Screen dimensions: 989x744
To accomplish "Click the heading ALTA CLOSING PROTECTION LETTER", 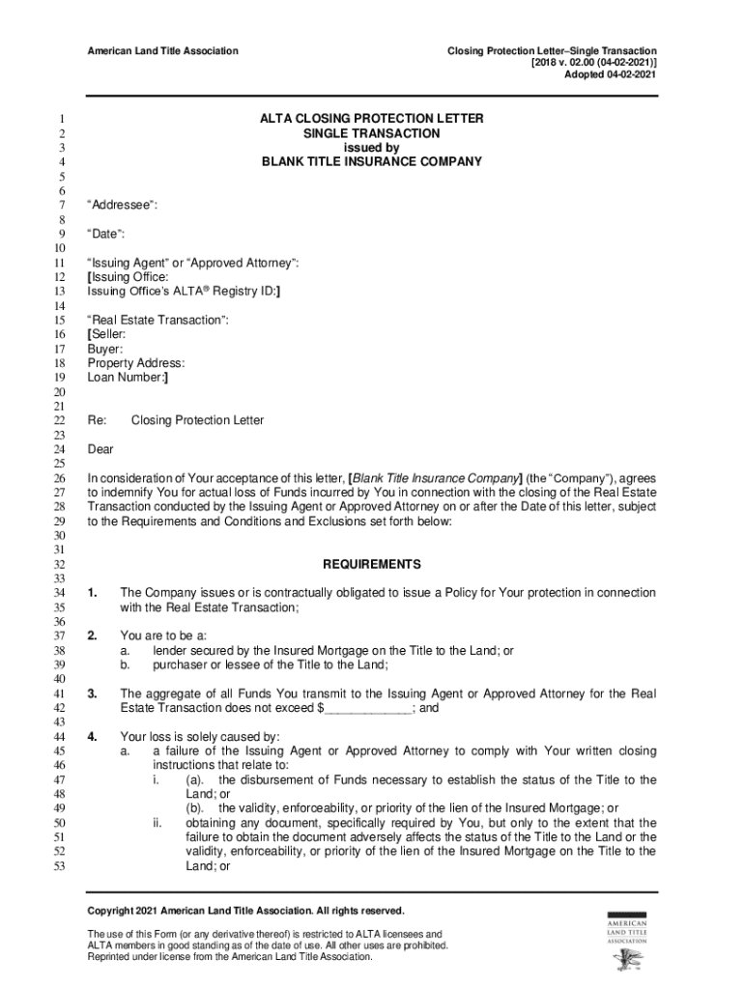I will click(372, 119).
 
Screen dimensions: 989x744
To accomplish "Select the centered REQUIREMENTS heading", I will click(372, 564).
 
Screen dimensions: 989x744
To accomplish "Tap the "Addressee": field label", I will click(123, 206).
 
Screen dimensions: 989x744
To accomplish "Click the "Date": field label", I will click(106, 234).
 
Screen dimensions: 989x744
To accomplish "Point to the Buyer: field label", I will click(105, 349).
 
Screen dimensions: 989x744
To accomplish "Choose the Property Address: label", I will click(136, 363).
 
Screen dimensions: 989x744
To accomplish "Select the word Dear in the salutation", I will click(100, 449).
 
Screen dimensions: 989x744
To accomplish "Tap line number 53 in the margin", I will click(58, 867).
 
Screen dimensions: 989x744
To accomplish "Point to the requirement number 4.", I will click(92, 736).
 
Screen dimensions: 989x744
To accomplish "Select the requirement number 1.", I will click(92, 592).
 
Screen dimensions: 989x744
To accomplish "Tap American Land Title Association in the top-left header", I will click(162, 50).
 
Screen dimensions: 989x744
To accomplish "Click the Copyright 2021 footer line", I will click(246, 911).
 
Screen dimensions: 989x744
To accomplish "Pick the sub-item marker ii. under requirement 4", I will click(157, 823).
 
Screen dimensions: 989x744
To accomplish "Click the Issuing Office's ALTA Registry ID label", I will click(185, 291).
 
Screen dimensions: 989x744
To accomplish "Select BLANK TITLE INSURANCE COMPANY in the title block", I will click(372, 162).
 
